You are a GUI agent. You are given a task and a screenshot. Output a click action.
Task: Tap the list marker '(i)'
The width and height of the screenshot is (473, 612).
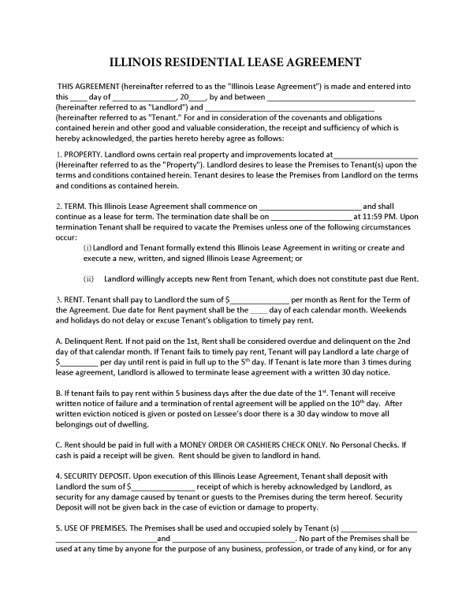pyautogui.click(x=88, y=248)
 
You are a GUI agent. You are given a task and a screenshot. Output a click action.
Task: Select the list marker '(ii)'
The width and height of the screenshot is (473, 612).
pyautogui.click(x=89, y=278)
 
